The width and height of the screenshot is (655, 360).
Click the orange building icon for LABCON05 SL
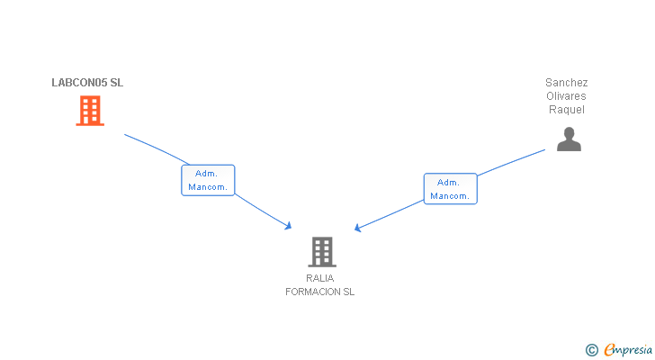[90, 111]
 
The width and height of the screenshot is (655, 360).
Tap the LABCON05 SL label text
[87, 83]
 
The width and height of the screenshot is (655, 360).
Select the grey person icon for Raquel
[569, 139]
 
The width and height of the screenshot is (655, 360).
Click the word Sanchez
[567, 83]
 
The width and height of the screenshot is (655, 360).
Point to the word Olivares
[567, 96]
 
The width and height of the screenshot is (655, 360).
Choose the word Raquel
[567, 110]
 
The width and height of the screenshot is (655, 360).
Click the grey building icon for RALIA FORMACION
[321, 251]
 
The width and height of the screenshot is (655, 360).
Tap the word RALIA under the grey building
[320, 278]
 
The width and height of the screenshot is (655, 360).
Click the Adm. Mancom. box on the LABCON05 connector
[208, 180]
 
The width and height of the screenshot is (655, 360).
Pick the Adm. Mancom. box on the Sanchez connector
[450, 189]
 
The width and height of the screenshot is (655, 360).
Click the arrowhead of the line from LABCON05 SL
[289, 225]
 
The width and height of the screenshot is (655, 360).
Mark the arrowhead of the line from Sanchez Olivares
[358, 229]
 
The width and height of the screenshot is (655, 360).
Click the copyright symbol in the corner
[591, 349]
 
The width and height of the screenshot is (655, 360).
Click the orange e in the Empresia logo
[610, 350]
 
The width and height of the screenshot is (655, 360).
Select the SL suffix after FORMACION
[348, 292]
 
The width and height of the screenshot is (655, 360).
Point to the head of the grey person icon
[569, 132]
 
